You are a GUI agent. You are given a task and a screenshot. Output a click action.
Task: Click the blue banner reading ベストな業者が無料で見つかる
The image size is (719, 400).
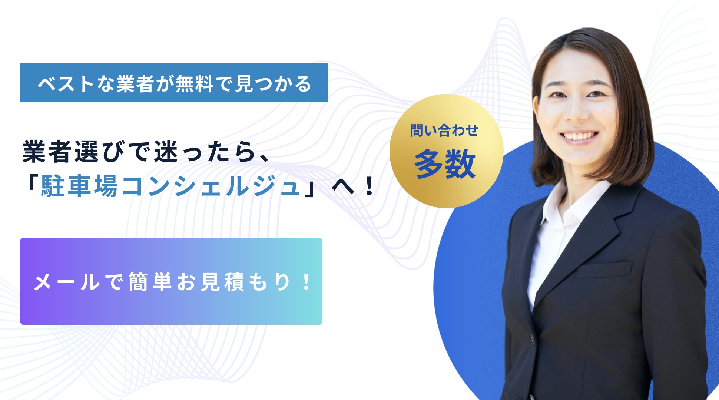[174, 83]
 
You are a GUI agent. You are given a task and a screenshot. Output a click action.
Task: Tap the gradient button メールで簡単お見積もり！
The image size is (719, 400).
[171, 281]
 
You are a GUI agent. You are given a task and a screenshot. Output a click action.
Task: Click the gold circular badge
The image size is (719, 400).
[446, 151]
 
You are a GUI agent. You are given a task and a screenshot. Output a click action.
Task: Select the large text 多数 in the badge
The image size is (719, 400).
[445, 164]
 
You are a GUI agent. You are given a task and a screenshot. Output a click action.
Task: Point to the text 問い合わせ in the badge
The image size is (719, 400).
[444, 130]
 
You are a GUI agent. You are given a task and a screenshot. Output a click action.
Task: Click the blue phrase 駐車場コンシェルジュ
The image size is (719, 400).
[170, 186]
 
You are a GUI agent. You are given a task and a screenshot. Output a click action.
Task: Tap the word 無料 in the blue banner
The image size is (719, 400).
[194, 83]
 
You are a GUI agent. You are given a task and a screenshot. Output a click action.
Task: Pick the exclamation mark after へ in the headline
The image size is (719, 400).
[369, 186]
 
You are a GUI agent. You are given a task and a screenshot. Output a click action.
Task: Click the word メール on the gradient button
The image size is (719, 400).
[67, 282]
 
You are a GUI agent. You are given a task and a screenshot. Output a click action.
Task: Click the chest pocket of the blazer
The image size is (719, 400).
[603, 270]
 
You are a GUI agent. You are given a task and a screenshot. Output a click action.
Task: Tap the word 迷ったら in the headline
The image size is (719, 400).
[205, 152]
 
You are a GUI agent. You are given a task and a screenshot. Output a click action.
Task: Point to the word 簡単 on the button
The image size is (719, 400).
[150, 282]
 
